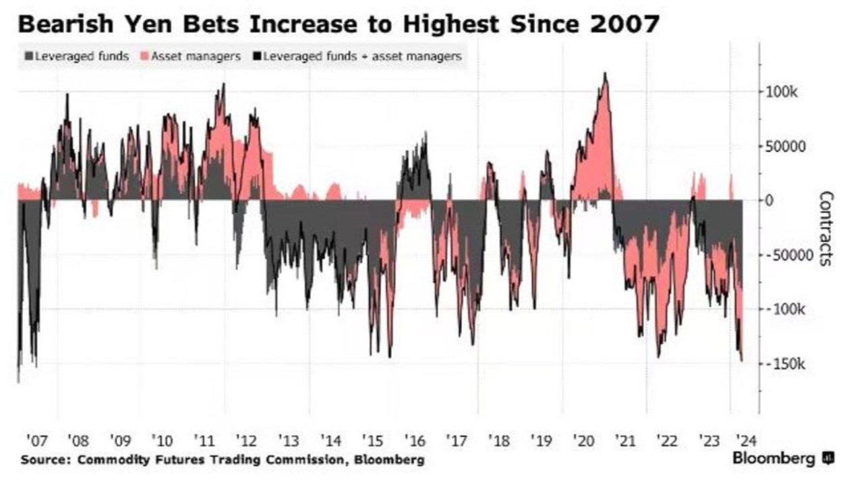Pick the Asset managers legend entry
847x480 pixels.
pyautogui.click(x=191, y=57)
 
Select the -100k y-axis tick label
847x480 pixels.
pyautogui.click(x=784, y=309)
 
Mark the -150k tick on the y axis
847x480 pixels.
pyautogui.click(x=784, y=364)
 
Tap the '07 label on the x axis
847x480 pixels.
pyautogui.click(x=36, y=442)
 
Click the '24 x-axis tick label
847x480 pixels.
pyautogui.click(x=744, y=442)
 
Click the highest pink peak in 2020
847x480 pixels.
pyautogui.click(x=605, y=73)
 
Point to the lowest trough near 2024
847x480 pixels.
pyautogui.click(x=742, y=361)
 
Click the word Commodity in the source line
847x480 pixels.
pyautogui.click(x=109, y=460)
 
